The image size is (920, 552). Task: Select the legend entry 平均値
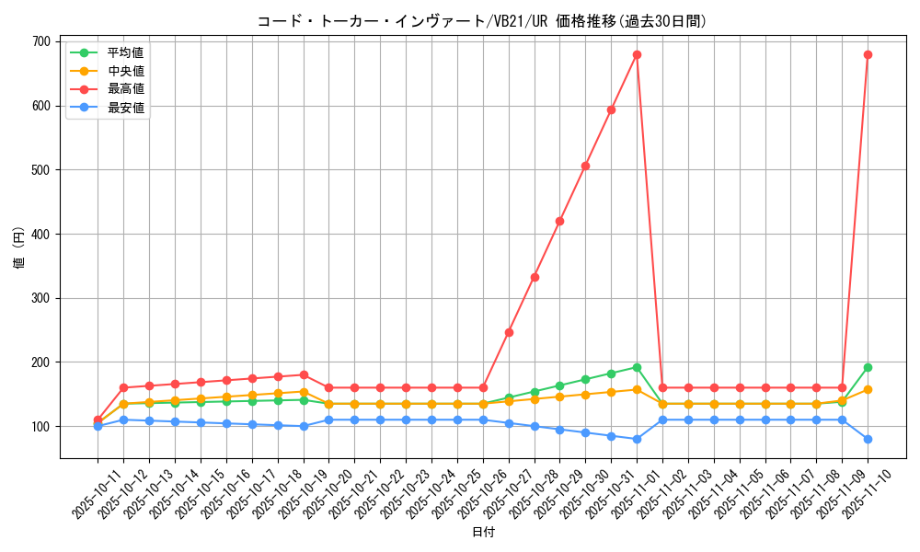(x=125, y=52)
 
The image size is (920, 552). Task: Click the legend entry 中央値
(x=125, y=71)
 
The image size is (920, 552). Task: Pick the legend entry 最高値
(x=125, y=89)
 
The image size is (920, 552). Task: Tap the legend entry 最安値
(x=125, y=108)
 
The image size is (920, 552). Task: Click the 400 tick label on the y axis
(x=41, y=234)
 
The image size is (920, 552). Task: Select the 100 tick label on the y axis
(x=41, y=426)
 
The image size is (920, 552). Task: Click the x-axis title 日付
(x=483, y=533)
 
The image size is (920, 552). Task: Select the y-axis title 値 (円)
(x=18, y=247)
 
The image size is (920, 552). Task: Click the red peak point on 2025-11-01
(x=637, y=54)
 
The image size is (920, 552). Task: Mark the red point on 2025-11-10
(x=868, y=54)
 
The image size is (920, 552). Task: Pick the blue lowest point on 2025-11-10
(x=868, y=439)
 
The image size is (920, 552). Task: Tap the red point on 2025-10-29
(x=559, y=221)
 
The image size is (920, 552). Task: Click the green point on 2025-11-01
(x=637, y=367)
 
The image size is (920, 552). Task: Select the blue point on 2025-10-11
(x=98, y=426)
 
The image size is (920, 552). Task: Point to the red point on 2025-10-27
(x=509, y=332)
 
